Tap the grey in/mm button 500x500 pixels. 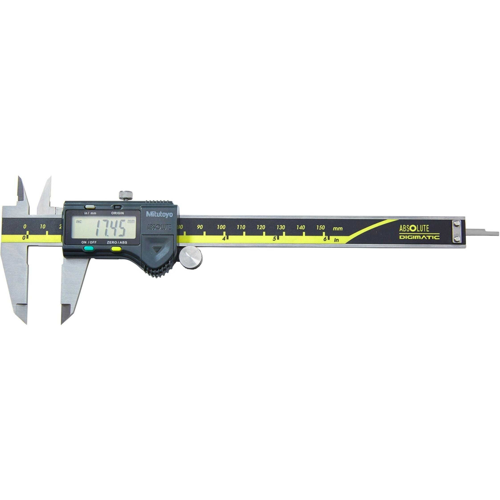point(90,207)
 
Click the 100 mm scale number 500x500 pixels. point(221,227)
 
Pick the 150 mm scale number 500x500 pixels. point(320,227)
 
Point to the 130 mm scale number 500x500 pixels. point(281,227)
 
